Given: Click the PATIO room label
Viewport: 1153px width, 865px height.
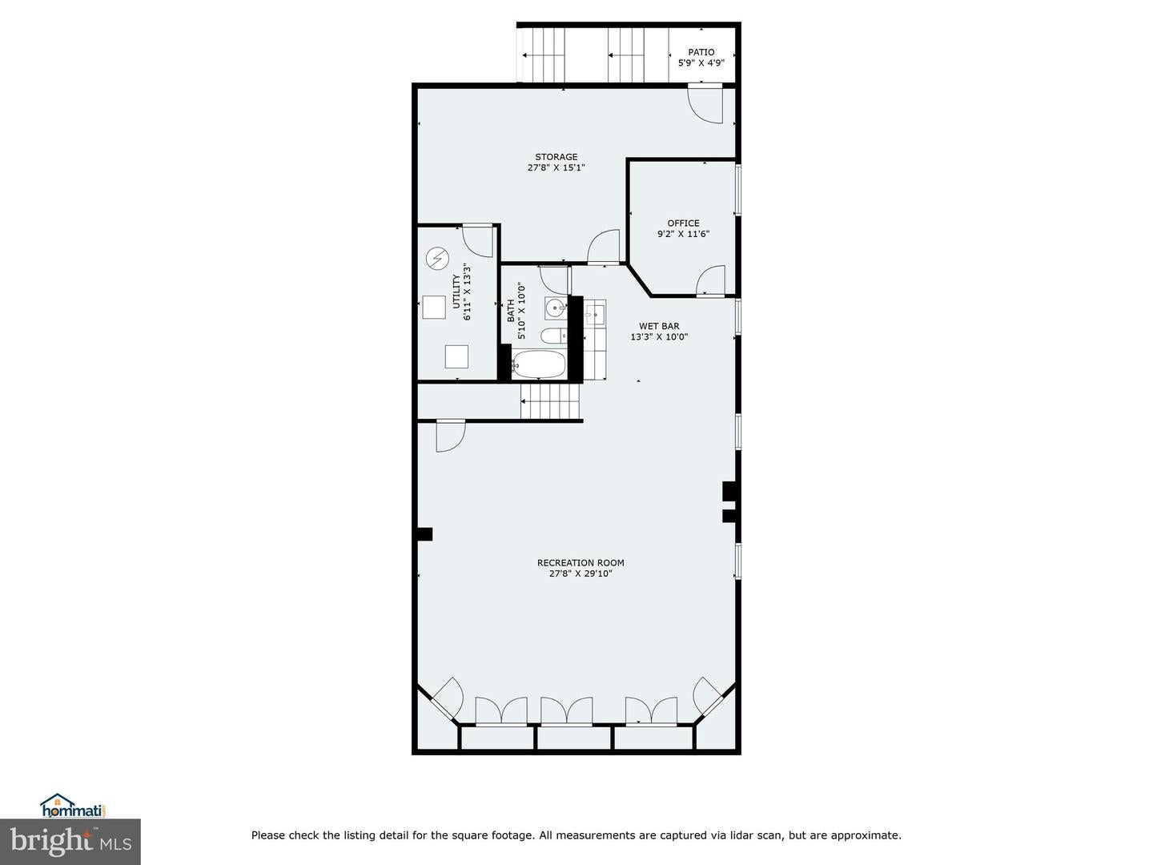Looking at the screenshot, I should point(701,52).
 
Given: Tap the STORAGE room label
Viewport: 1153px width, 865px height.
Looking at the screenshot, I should point(556,157).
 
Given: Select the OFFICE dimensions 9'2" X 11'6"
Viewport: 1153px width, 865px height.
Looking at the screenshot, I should point(683,235).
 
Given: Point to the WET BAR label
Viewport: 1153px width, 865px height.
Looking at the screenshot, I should point(659,326).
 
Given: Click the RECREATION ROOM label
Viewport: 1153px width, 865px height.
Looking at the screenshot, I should point(581,563).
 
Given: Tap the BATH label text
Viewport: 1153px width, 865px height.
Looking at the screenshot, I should point(511,311).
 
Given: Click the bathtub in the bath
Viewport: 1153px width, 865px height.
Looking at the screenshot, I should point(539,364).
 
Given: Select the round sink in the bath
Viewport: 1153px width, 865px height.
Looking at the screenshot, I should point(556,307).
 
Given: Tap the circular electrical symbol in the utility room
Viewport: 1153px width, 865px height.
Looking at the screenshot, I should point(437,258).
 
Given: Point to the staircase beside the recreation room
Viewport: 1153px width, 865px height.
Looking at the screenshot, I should point(550,400).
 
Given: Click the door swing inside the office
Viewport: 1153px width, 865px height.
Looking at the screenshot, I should point(711,280).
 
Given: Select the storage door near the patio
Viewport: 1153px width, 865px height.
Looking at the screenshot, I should point(705,104).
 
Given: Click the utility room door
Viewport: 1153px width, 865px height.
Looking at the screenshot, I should point(477,240).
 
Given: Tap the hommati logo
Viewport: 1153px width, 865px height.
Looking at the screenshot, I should point(73,806).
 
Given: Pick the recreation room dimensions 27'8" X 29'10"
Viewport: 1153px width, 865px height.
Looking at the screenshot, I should point(581,573).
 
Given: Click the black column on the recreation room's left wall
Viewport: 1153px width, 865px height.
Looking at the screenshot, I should point(424,534).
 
